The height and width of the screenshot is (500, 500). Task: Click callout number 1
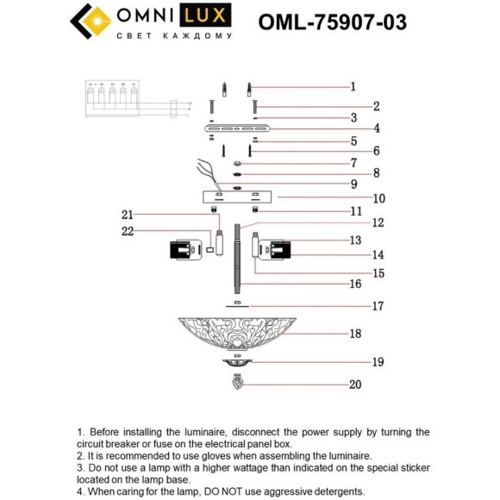point(353,86)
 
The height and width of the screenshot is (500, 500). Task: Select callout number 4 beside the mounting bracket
point(353,128)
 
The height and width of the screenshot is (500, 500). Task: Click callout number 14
point(354,255)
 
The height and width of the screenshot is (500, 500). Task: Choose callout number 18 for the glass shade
point(354,333)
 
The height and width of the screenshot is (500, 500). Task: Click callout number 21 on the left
point(128,215)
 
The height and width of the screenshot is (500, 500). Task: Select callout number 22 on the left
point(128,230)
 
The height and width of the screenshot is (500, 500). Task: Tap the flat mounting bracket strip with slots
point(236,128)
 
